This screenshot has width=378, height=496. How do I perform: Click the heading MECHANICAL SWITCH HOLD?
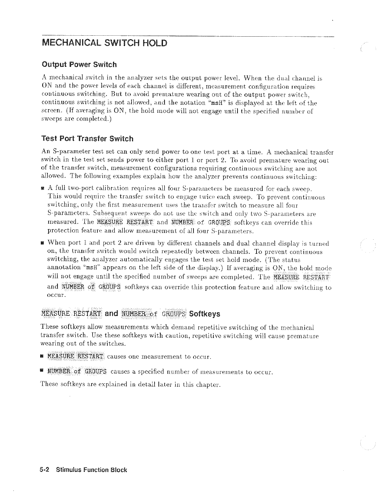pyautogui.click(x=105, y=43)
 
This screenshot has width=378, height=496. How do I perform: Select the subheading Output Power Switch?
pyautogui.click(x=79, y=65)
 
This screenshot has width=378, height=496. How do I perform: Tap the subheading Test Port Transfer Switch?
pyautogui.click(x=87, y=139)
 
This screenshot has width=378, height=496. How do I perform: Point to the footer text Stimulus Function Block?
pyautogui.click(x=92, y=470)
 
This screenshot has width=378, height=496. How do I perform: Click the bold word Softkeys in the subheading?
pyautogui.click(x=205, y=314)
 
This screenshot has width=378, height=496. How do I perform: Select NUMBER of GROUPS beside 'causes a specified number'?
pyautogui.click(x=77, y=372)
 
